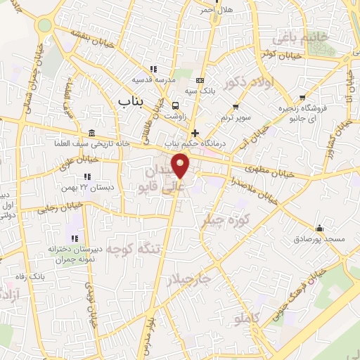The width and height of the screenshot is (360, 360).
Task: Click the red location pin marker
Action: coord(181,167)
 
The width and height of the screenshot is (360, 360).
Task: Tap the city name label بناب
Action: coord(129,103)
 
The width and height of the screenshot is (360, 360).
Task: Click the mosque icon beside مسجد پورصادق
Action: coord(320,228)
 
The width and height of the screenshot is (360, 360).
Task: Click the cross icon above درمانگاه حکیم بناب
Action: coord(195,133)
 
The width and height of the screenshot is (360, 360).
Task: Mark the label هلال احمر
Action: coord(214,10)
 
